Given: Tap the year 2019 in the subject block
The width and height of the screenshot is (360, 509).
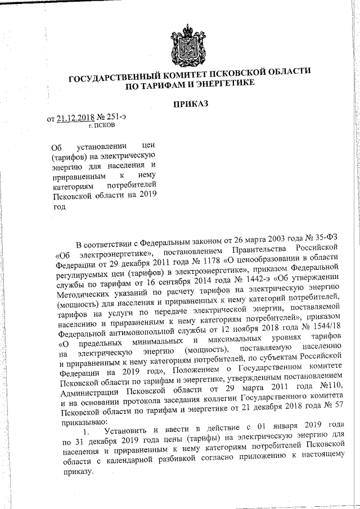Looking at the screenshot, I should click(x=145, y=195).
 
